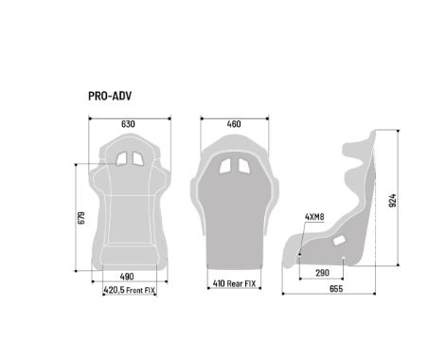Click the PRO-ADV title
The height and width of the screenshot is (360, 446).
click(x=109, y=96)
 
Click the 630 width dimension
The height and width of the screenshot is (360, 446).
click(x=129, y=124)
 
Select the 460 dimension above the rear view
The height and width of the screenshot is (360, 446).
click(x=234, y=124)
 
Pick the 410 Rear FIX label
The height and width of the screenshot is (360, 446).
click(x=234, y=284)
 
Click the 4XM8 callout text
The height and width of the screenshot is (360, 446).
click(x=314, y=217)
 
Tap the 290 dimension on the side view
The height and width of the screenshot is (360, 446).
click(x=322, y=274)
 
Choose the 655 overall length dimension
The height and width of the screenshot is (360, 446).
click(x=336, y=290)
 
